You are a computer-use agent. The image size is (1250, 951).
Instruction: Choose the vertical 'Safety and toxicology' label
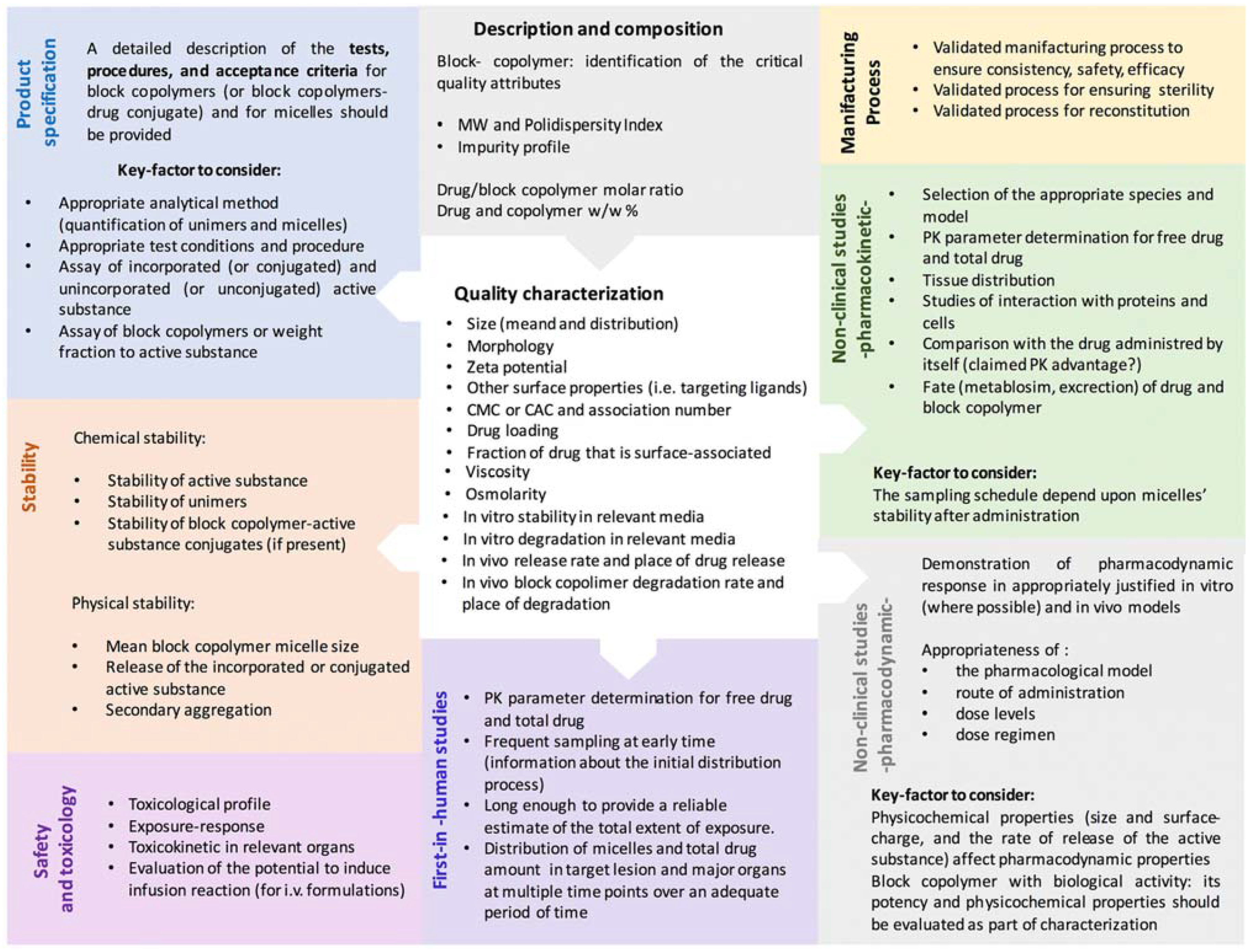(x=54, y=849)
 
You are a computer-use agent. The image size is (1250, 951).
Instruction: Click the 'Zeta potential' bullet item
(x=516, y=367)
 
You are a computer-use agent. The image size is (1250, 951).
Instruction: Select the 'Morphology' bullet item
(x=510, y=346)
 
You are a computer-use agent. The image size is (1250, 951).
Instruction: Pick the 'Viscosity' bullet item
(x=498, y=472)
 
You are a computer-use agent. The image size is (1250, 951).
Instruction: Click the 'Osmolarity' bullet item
(x=505, y=494)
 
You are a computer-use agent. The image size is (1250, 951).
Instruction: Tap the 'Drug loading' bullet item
(x=512, y=431)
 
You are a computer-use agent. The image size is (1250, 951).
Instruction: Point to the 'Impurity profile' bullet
(x=513, y=147)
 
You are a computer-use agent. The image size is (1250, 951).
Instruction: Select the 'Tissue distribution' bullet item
(x=988, y=280)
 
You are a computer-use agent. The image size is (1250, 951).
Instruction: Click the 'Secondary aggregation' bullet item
(x=188, y=710)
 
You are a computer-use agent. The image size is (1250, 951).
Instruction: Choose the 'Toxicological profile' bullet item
(x=199, y=804)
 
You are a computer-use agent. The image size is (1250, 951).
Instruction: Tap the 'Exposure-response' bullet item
(x=196, y=826)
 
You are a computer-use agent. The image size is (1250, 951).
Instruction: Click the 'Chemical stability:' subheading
(x=140, y=438)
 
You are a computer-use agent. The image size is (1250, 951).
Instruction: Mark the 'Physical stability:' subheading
(x=133, y=604)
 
